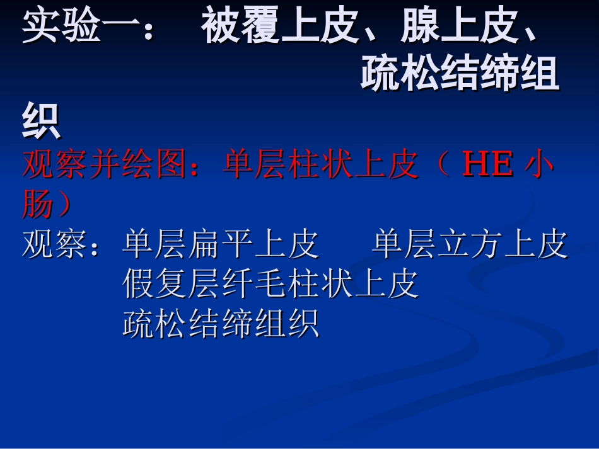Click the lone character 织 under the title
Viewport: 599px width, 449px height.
coord(42,122)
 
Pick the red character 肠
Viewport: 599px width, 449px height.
coord(38,205)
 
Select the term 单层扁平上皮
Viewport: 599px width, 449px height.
coord(221,245)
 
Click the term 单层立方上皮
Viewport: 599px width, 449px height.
coord(470,245)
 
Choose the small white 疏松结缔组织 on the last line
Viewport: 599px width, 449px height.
coord(221,324)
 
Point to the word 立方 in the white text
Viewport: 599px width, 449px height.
coord(470,245)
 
